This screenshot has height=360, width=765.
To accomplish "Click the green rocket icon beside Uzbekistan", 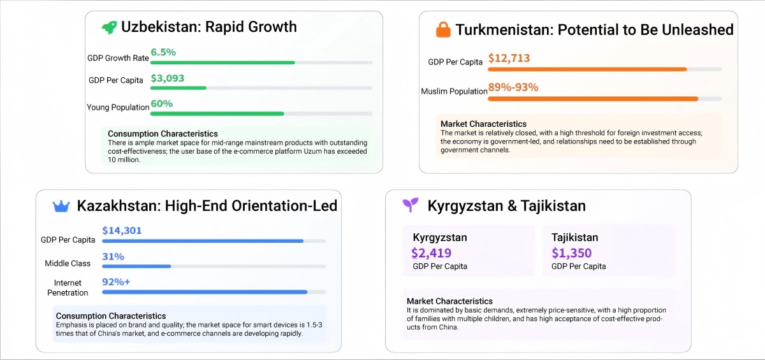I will click(109, 27).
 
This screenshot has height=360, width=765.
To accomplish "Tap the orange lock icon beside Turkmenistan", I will click(442, 30).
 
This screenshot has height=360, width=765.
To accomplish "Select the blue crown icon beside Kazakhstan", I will click(61, 206).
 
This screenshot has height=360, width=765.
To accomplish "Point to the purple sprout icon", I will click(411, 205).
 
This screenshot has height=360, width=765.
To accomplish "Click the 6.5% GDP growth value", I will click(163, 52).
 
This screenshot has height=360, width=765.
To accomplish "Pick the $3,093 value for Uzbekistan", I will click(168, 78).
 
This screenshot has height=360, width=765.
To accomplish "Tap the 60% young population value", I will click(162, 103).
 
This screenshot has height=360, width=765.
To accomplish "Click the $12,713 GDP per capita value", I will click(509, 59).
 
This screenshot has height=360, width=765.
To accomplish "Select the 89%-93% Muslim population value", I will click(513, 87).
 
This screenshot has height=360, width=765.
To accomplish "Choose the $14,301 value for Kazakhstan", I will click(122, 231).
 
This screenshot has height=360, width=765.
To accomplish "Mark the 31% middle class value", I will click(113, 257).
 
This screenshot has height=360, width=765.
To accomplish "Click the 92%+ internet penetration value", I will click(116, 282).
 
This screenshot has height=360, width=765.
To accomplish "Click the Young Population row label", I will click(118, 108).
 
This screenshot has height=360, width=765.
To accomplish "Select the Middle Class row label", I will click(68, 264).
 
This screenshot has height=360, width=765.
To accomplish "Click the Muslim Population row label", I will click(454, 92).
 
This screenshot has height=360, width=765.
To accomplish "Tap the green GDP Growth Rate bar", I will click(222, 62).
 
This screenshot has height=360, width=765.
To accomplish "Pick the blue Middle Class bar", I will click(136, 266).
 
